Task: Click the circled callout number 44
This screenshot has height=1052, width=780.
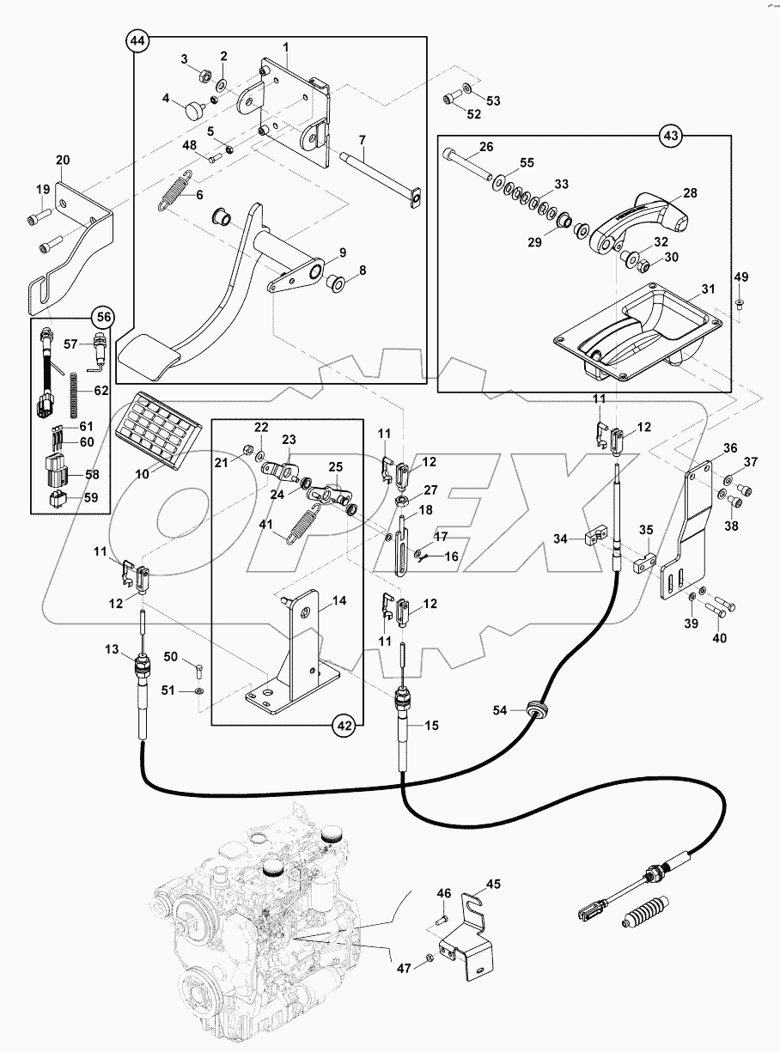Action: pos(137,41)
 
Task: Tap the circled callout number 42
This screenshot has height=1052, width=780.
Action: pos(344,726)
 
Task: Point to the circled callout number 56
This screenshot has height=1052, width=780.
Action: pos(104,316)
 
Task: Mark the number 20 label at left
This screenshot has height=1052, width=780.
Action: pos(63,160)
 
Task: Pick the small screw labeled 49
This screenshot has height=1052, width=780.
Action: pos(739,301)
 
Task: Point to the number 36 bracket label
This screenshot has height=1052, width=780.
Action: pos(729,447)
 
